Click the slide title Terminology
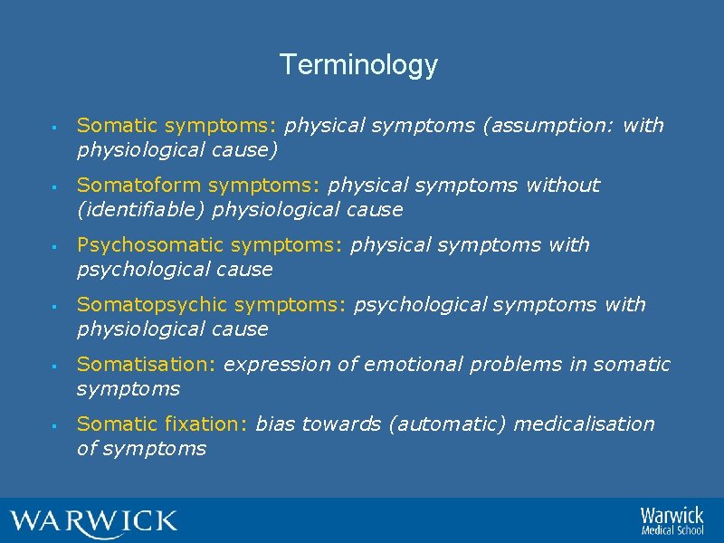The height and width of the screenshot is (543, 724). tap(358, 65)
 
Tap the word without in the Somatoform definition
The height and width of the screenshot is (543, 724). tap(561, 186)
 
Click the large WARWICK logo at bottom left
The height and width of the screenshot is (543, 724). tap(93, 522)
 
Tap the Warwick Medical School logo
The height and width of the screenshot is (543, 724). tap(671, 520)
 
